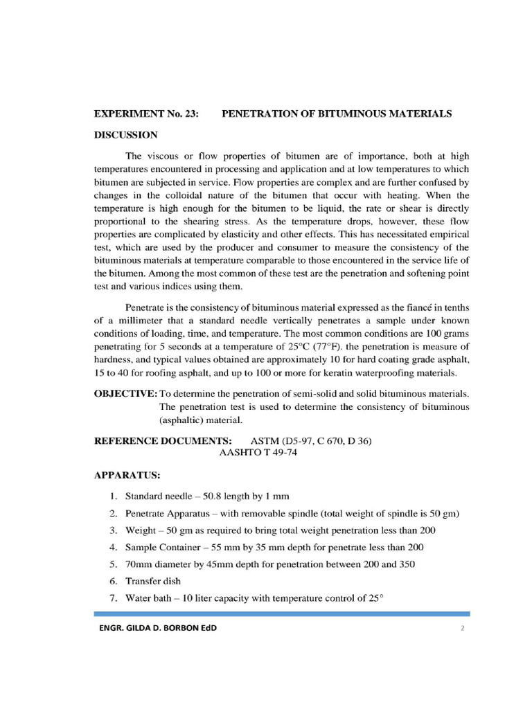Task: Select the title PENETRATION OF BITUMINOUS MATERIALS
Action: (x=336, y=114)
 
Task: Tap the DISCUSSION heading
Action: (x=126, y=134)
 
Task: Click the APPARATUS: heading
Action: (x=127, y=476)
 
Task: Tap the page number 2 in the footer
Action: (x=461, y=628)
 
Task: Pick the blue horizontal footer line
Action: (x=281, y=613)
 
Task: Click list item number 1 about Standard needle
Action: (x=206, y=496)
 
